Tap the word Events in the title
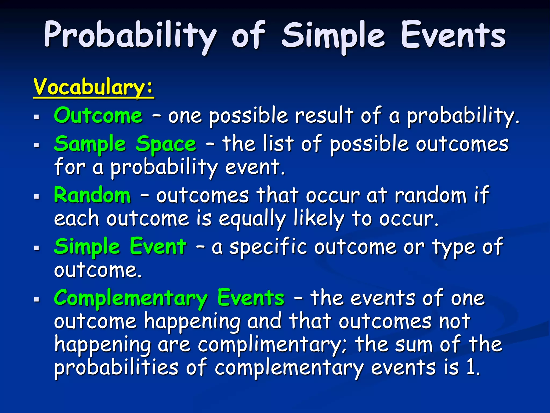tap(453, 36)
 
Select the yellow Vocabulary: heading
tap(93, 87)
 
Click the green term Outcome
tap(98, 116)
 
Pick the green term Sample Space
tap(125, 144)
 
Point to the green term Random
tap(92, 195)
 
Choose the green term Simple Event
tap(120, 246)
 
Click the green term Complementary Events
tap(169, 298)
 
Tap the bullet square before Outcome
tap(37, 117)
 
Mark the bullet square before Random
tap(37, 197)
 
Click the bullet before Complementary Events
tap(37, 300)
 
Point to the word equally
tap(252, 219)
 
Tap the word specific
tap(268, 247)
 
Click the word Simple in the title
tap(333, 36)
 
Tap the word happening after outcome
tap(192, 322)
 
